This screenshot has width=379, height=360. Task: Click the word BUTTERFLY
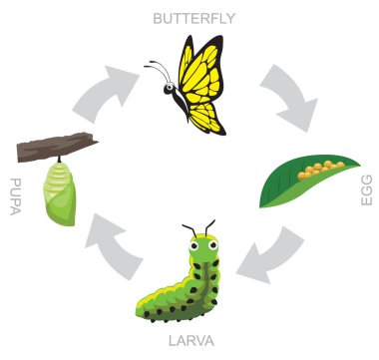193,18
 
